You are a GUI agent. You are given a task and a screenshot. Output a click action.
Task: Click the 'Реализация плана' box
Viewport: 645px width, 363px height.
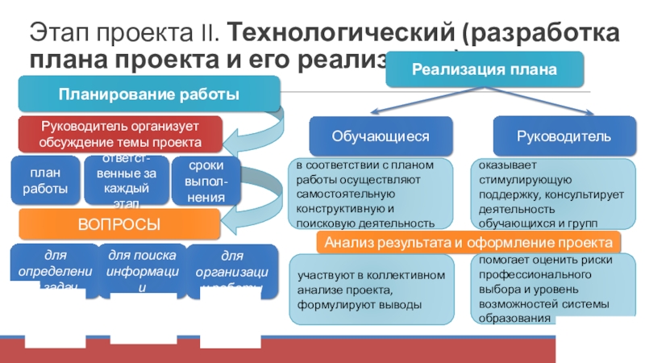(x=485, y=70)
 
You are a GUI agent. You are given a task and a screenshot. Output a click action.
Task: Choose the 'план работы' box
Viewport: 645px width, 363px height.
(x=45, y=181)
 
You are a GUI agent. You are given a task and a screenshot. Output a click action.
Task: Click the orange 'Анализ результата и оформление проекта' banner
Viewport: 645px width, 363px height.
(x=469, y=242)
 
